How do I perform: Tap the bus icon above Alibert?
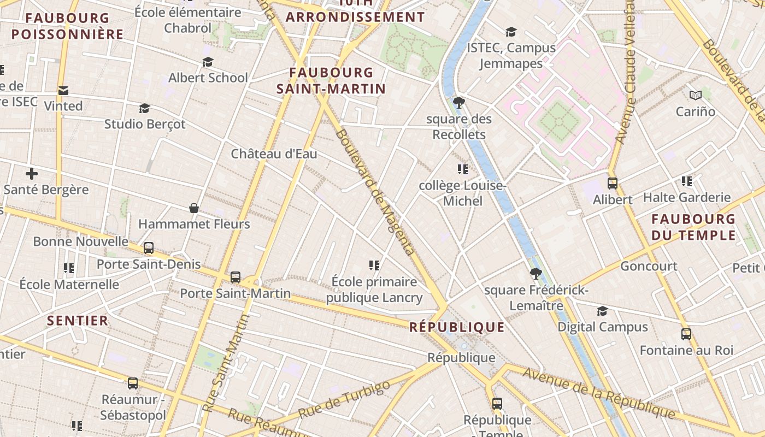coord(613,184)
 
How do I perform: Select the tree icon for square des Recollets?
coord(459,102)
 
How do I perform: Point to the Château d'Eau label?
coord(274,153)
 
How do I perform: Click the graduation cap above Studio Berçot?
coord(144,108)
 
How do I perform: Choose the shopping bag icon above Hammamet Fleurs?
coord(194,208)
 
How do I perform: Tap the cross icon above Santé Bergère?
coord(32,174)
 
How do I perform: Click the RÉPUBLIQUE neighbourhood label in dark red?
coord(457,327)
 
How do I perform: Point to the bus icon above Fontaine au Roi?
coord(686,334)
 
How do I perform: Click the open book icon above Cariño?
coord(695,96)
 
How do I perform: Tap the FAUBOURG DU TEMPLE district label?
coord(693,227)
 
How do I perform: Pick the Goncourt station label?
coord(649,266)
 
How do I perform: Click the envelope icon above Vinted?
coord(63,90)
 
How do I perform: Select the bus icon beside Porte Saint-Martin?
coord(236,277)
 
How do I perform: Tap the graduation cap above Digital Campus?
coord(602,311)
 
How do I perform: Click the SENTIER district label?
coord(78,320)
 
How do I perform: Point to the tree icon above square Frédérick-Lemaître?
coord(535,273)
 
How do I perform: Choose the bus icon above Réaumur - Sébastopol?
coord(133,383)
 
